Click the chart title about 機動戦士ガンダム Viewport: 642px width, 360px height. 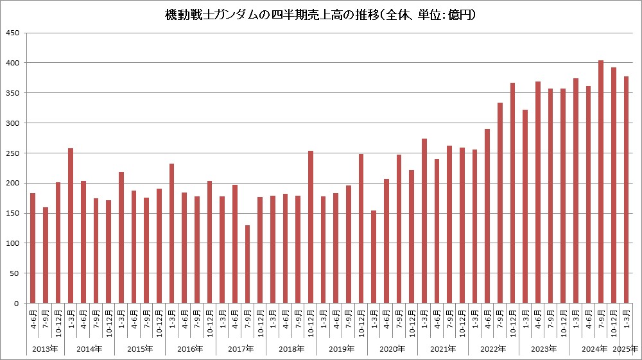(x=320, y=14)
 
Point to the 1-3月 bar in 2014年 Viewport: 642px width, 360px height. (x=71, y=225)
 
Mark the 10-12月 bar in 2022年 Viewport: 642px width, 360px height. (x=512, y=193)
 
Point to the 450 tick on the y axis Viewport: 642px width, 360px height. (x=13, y=33)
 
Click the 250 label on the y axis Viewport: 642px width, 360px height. (x=13, y=153)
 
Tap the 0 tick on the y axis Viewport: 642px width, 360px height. (x=17, y=304)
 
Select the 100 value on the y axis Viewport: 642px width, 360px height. (x=13, y=243)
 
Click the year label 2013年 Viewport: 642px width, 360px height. (x=45, y=349)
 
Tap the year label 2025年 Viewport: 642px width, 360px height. (x=626, y=349)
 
